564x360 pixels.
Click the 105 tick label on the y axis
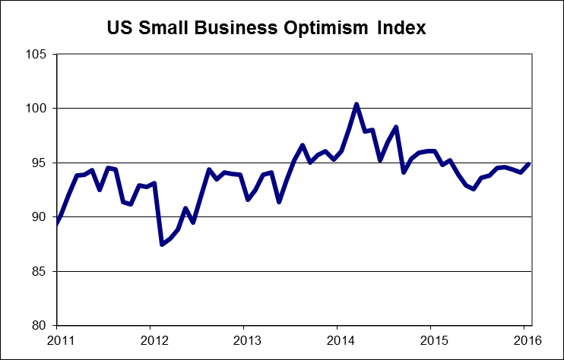[x=36, y=55]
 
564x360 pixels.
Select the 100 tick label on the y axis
[x=36, y=109]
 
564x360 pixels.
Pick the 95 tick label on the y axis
[x=39, y=163]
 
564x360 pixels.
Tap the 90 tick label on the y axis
[x=39, y=217]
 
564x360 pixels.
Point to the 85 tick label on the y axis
[x=39, y=272]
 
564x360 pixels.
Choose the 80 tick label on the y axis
[x=39, y=326]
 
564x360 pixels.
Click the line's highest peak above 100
[x=356, y=104]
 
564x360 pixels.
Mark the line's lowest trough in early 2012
[x=161, y=244]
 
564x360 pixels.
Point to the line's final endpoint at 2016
[x=528, y=164]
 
